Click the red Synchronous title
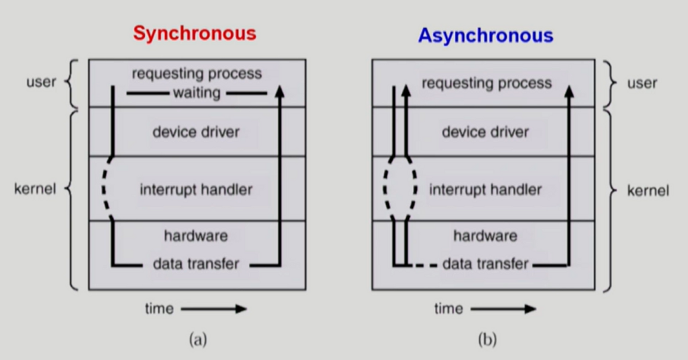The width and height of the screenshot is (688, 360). point(195,33)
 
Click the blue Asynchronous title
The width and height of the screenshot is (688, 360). point(485,35)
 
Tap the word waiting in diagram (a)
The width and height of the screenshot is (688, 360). point(197,93)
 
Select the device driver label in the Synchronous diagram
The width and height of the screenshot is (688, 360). point(196,132)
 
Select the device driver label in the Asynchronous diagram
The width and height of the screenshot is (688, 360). point(485,132)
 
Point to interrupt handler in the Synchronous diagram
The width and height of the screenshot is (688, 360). point(196,189)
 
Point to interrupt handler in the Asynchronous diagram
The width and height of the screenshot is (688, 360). point(485,189)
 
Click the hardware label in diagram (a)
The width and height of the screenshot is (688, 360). point(196,236)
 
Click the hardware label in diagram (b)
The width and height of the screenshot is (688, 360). point(485,236)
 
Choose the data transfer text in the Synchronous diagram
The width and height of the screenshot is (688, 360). point(196,264)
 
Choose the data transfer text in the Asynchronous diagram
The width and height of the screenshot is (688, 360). point(485,264)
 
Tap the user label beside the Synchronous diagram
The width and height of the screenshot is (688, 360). point(41,82)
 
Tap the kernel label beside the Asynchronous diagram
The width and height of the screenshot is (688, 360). point(648,191)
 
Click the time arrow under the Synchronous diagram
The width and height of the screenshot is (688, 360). point(214,309)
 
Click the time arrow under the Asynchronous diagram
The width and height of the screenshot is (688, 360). point(503,309)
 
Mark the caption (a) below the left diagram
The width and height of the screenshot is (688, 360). point(198,340)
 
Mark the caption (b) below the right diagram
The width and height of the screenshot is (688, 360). point(487,340)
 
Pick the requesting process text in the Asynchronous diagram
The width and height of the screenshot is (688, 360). point(487,83)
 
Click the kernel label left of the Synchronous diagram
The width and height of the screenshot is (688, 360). point(35,189)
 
